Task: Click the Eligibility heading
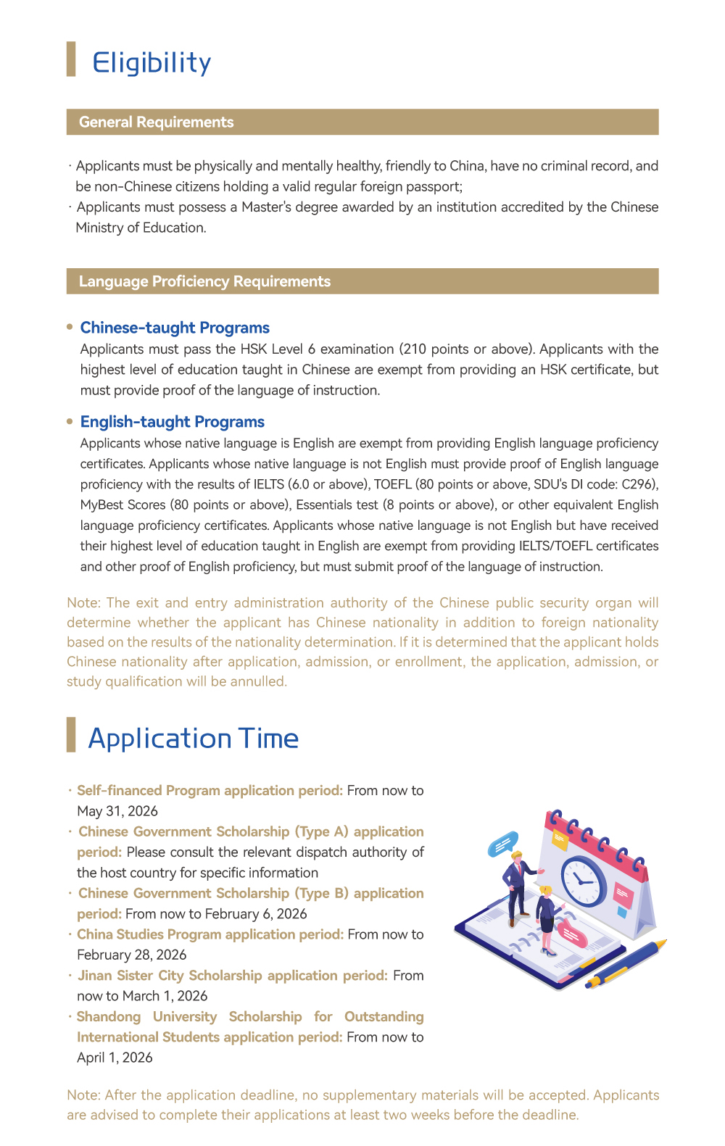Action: [152, 63]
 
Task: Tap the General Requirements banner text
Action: [156, 122]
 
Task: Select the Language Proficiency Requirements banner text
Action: [204, 281]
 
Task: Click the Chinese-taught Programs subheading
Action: [175, 328]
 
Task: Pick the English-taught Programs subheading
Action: [173, 422]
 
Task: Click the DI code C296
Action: [638, 484]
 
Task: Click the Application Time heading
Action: [193, 739]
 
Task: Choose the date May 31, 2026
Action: [117, 811]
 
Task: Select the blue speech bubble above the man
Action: [503, 843]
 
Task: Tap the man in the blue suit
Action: [518, 889]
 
